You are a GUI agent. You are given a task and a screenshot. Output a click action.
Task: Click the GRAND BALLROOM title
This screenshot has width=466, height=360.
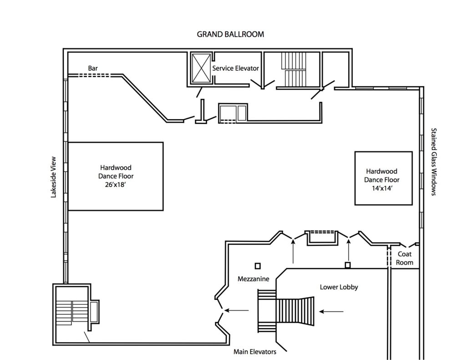(230, 34)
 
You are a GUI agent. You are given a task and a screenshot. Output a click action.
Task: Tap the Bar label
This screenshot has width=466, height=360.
(93, 68)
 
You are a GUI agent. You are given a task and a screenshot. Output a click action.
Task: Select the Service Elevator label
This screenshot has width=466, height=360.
(236, 68)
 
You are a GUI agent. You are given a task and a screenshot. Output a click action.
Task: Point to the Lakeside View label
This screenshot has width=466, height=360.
(53, 177)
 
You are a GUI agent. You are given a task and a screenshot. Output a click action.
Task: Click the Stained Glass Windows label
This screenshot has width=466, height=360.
(433, 162)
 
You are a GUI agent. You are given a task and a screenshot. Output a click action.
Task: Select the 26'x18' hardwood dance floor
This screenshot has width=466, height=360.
(116, 176)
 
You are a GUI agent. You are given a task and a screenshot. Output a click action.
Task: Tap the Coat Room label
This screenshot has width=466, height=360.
(405, 258)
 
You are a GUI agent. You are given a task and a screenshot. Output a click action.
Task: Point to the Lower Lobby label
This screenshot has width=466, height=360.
(339, 287)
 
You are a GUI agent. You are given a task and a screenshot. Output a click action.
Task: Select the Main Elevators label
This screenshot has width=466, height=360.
(254, 351)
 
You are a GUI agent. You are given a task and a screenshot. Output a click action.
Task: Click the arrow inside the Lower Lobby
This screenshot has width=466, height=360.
(331, 312)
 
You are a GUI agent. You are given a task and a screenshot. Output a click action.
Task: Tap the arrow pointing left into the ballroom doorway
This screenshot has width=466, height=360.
(237, 311)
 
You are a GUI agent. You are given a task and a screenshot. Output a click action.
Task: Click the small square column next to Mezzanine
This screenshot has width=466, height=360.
(257, 265)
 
